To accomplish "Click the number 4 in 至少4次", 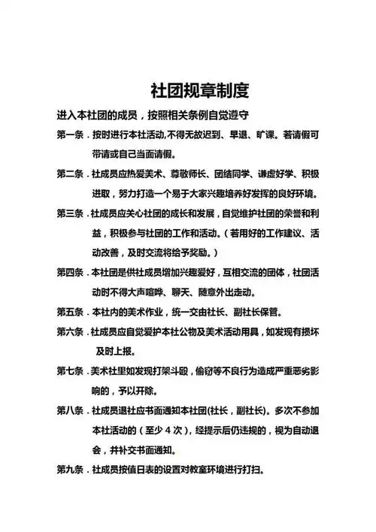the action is coord(171,431).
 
